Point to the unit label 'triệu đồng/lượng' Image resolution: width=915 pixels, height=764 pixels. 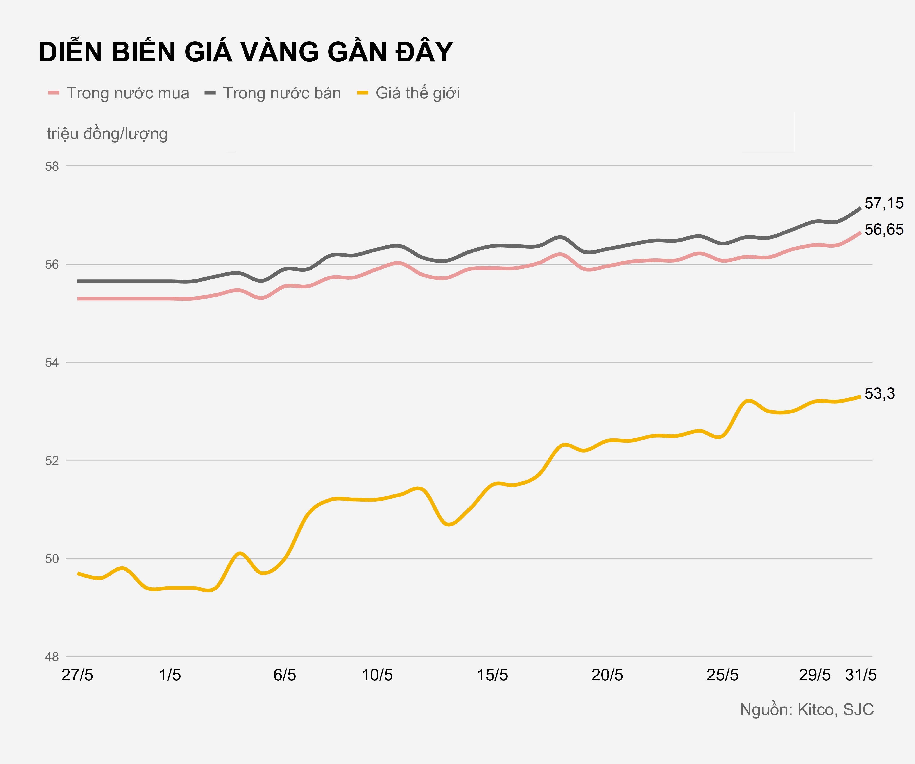tap(107, 134)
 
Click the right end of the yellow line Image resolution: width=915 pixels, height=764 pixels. tap(860, 396)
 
